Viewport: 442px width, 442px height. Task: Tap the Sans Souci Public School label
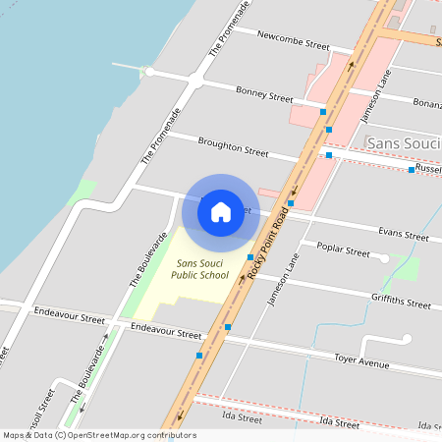click(202, 269)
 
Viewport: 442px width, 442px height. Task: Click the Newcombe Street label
click(293, 43)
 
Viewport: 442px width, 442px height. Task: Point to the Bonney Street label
click(264, 95)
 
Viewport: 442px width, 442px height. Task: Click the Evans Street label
click(403, 236)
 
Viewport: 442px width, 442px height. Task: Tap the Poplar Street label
click(344, 252)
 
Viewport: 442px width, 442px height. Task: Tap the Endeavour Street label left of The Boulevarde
click(68, 319)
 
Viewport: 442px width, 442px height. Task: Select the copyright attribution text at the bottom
click(99, 435)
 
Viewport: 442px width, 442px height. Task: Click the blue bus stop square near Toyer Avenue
click(199, 355)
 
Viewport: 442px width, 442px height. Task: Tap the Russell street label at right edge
click(428, 168)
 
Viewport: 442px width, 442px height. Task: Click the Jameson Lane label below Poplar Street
click(283, 280)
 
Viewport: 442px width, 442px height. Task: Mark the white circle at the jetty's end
click(149, 72)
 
